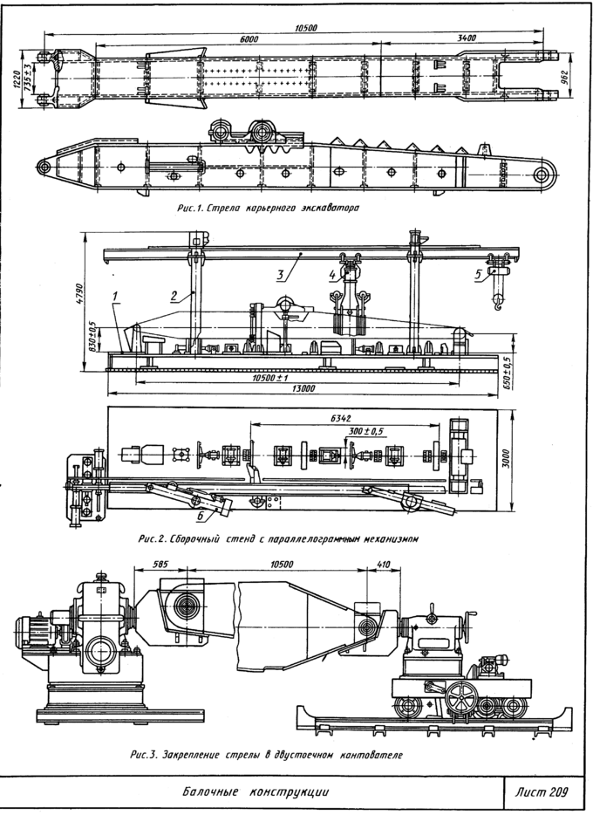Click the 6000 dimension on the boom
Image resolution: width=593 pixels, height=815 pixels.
pos(249,39)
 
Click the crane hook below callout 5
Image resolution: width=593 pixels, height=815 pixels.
pos(498,301)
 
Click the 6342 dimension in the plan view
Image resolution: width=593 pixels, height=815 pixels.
pos(342,419)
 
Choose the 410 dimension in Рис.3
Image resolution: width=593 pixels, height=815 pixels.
pos(382,564)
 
